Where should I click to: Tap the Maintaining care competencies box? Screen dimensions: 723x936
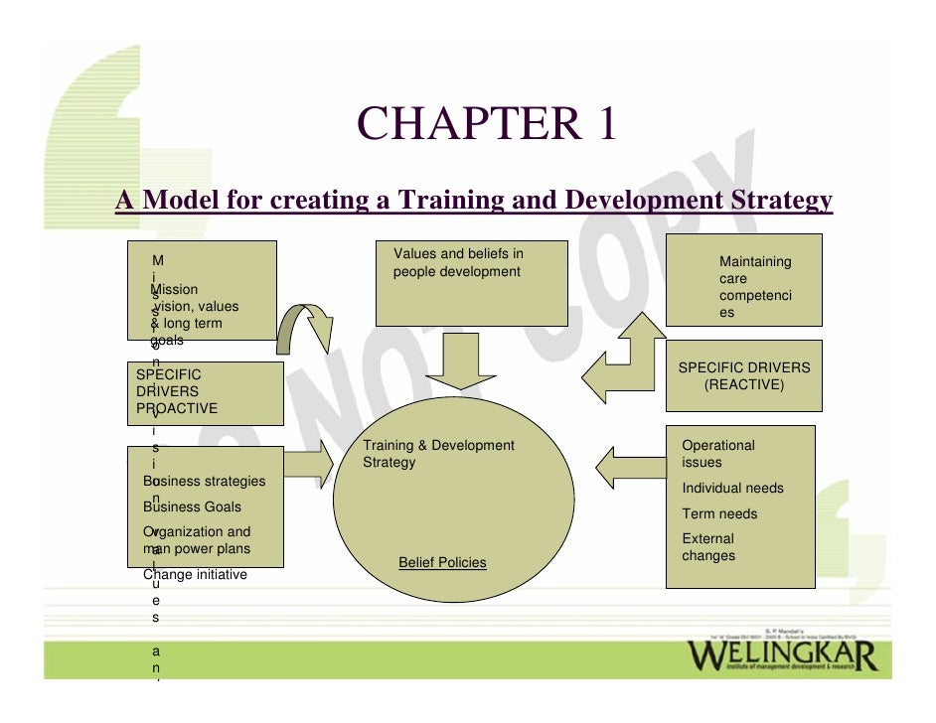(743, 280)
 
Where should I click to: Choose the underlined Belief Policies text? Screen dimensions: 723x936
(442, 563)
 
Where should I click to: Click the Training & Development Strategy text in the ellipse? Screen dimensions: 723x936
(438, 454)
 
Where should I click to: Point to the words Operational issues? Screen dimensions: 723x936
(717, 454)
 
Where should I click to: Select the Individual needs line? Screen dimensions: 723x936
(732, 489)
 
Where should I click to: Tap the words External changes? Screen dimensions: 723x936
(708, 547)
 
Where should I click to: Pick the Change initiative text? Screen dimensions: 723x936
(196, 574)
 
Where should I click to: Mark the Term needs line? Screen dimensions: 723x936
(719, 513)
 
